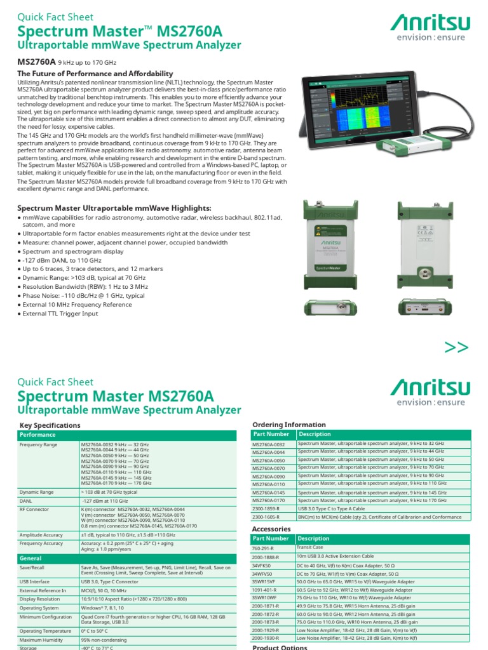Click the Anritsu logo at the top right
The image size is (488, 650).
pyautogui.click(x=431, y=29)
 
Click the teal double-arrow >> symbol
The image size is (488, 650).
pyautogui.click(x=456, y=347)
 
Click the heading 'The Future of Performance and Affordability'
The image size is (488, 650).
pyautogui.click(x=95, y=74)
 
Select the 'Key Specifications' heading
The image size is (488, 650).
pyautogui.click(x=50, y=425)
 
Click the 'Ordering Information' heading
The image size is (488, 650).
pyautogui.click(x=289, y=424)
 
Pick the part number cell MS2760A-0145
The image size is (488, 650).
pyautogui.click(x=269, y=492)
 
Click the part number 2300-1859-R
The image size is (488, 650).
pyautogui.click(x=267, y=508)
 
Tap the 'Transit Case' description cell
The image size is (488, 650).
pyautogui.click(x=310, y=547)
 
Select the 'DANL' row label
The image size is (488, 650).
pyautogui.click(x=27, y=500)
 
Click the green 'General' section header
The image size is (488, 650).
pyautogui.click(x=31, y=558)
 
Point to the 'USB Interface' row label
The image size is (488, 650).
pyautogui.click(x=34, y=581)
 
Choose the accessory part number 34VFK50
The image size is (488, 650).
pyautogui.click(x=262, y=564)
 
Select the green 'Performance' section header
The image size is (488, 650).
pyautogui.click(x=38, y=435)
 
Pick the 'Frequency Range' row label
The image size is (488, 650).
pyautogui.click(x=38, y=445)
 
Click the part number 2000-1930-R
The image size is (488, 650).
pyautogui.click(x=267, y=638)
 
